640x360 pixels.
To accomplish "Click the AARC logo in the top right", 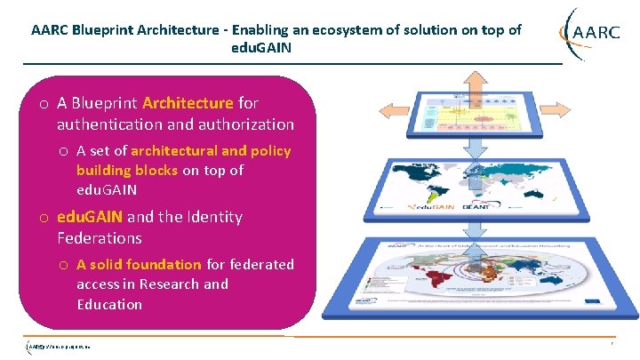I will coord(590,33).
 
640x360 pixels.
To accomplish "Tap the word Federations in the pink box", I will coord(99,237).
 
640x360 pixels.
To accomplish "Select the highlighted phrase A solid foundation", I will coord(139,264).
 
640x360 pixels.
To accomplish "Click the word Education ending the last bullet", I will coord(109,304).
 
